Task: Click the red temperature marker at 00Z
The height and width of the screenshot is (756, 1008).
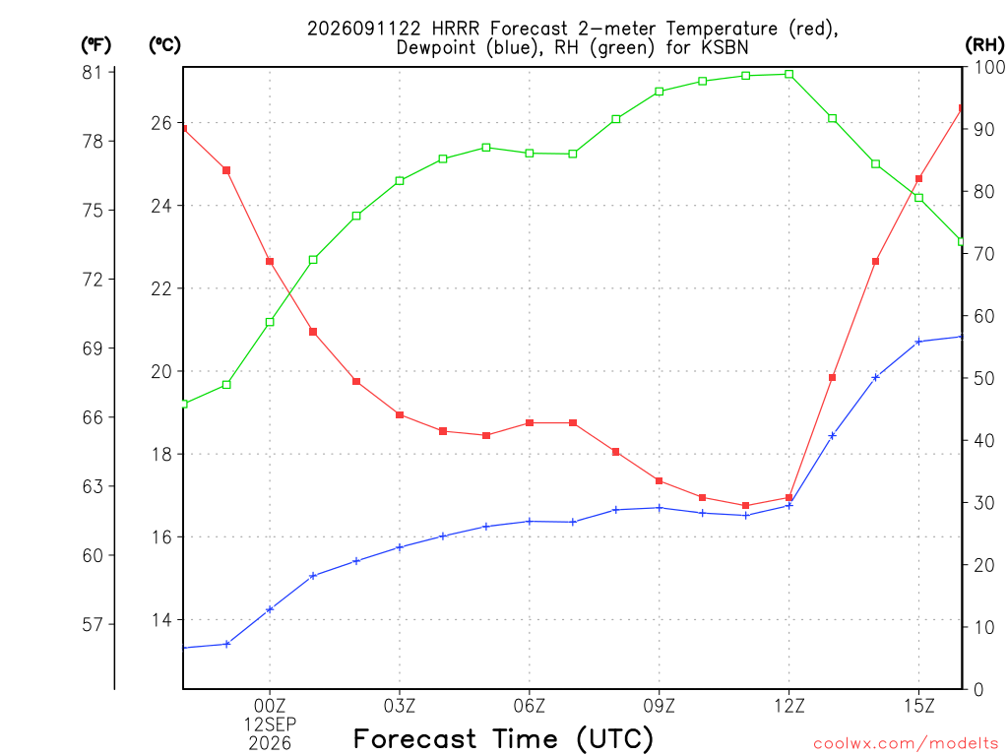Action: pyautogui.click(x=270, y=262)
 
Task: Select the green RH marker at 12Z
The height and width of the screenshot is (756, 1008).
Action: pyautogui.click(x=789, y=74)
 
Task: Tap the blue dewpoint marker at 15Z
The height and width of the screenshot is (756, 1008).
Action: pyautogui.click(x=918, y=342)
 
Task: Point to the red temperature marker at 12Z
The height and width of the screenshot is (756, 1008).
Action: pyautogui.click(x=789, y=497)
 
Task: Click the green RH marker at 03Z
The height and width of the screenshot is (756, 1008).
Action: pyautogui.click(x=400, y=181)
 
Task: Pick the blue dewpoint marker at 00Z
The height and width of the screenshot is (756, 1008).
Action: pyautogui.click(x=270, y=608)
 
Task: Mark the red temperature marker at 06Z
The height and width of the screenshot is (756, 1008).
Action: pyautogui.click(x=530, y=423)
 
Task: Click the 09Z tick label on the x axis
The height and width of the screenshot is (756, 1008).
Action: pyautogui.click(x=659, y=706)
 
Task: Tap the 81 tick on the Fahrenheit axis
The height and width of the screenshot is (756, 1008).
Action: pyautogui.click(x=92, y=73)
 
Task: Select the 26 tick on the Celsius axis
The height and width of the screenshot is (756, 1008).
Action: pyautogui.click(x=161, y=123)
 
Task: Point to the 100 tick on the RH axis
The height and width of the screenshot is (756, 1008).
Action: pyautogui.click(x=989, y=67)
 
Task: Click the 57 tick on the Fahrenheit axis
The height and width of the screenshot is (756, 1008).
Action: pyautogui.click(x=92, y=624)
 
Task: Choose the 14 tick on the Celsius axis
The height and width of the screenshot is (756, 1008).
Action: pyautogui.click(x=161, y=620)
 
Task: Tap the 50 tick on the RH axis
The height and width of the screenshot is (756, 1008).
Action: pyautogui.click(x=984, y=378)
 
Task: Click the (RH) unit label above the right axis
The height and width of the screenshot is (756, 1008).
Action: pyautogui.click(x=984, y=45)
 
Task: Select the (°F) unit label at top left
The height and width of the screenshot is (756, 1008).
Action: pyautogui.click(x=95, y=45)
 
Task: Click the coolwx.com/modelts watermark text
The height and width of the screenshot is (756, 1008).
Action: pyautogui.click(x=906, y=744)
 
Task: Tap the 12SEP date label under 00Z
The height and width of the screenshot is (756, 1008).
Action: pyautogui.click(x=270, y=724)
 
